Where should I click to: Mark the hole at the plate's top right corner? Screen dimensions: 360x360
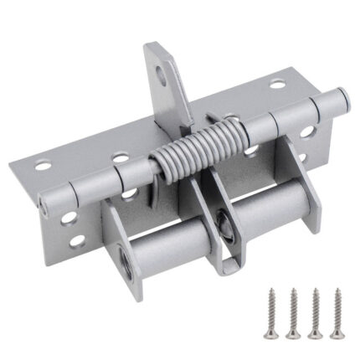277,85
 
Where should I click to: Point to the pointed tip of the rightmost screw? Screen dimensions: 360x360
337,333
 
